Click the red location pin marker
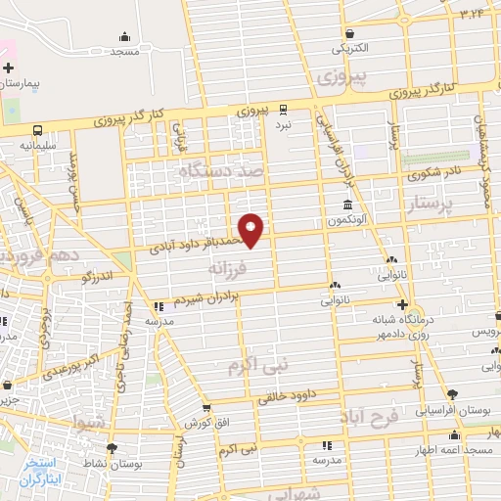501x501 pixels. coord(251,229)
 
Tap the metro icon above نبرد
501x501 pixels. coord(283,109)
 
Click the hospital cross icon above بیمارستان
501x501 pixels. coord(9,68)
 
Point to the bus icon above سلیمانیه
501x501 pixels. coord(37,129)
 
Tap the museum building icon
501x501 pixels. coord(348,204)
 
